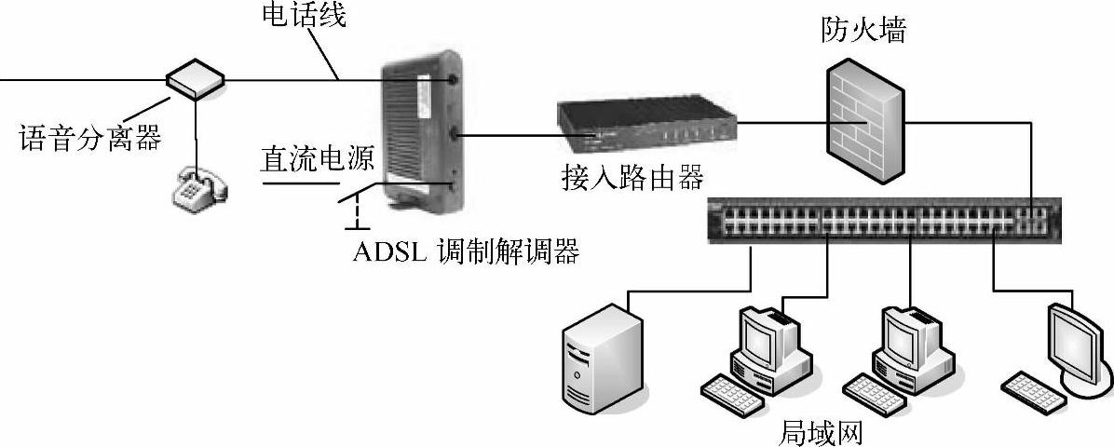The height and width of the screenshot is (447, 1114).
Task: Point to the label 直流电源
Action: click(317, 158)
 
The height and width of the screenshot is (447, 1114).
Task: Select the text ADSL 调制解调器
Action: click(466, 251)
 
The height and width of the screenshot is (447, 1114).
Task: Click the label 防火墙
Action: click(863, 33)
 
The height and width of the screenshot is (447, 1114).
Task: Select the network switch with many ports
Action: click(885, 221)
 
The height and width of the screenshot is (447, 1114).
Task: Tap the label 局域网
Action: click(821, 432)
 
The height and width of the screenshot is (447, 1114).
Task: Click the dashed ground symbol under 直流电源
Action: click(353, 216)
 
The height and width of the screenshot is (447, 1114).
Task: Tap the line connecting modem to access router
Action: click(508, 136)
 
